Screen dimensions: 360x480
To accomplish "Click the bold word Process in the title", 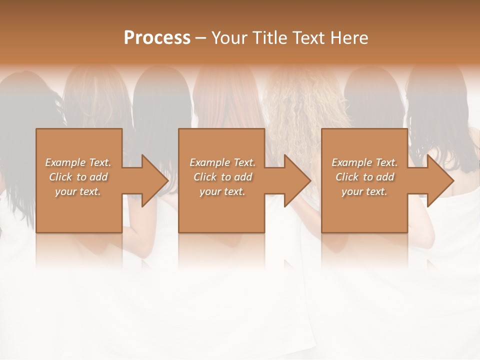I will (x=157, y=38).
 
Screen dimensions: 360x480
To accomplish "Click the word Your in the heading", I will (x=229, y=38).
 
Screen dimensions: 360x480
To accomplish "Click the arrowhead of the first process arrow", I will (x=155, y=180).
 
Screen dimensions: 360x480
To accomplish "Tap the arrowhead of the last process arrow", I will (x=440, y=180).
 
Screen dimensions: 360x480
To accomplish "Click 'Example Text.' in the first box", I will (x=78, y=162).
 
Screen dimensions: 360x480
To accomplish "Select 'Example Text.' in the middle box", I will (x=222, y=162).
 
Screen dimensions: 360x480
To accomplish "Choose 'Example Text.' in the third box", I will (x=364, y=162).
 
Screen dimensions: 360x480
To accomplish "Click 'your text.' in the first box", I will (x=78, y=191).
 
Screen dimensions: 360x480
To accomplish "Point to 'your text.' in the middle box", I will (x=222, y=191).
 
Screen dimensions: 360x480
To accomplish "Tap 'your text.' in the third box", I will (x=364, y=191).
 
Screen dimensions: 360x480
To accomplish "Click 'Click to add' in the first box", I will (x=78, y=177).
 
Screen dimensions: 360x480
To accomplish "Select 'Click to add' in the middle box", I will (x=222, y=177).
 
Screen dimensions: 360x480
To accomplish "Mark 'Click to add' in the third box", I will (x=364, y=177).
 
